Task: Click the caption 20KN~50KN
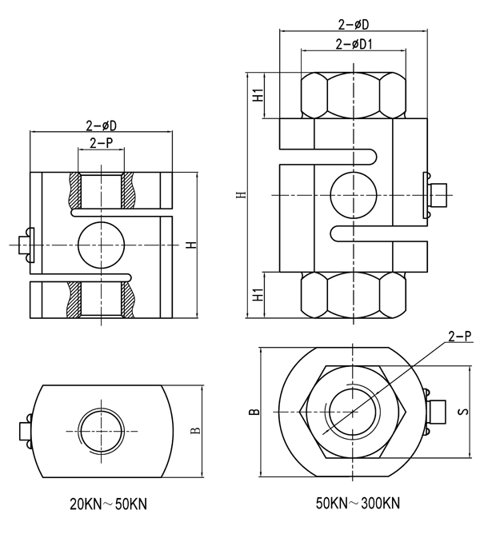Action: click(x=108, y=504)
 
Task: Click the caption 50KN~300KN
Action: click(x=358, y=504)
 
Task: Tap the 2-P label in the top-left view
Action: click(x=100, y=143)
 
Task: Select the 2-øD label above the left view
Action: click(x=101, y=126)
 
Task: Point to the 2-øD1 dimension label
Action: click(x=354, y=44)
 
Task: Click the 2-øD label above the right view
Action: click(x=353, y=25)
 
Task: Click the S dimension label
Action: click(x=462, y=412)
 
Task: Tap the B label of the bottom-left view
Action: click(x=194, y=432)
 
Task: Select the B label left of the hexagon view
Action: click(x=253, y=412)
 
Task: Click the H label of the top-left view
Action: click(x=190, y=244)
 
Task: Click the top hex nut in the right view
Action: click(x=353, y=95)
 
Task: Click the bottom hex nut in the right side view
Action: click(x=353, y=293)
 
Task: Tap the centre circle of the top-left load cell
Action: click(x=101, y=244)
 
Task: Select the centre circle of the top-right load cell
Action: click(x=354, y=195)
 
